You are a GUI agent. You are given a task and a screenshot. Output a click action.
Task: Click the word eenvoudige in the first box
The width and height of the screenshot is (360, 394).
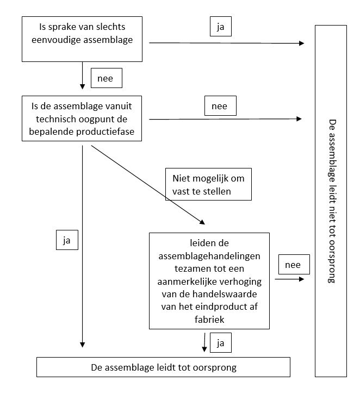pyautogui.click(x=55, y=40)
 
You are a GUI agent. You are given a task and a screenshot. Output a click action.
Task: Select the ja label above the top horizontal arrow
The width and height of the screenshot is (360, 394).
pyautogui.click(x=220, y=27)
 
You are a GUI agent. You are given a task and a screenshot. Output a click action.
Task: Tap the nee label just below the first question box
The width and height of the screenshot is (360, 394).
pyautogui.click(x=107, y=78)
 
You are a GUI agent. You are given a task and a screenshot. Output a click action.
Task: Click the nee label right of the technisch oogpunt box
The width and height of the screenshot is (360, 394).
pyautogui.click(x=220, y=106)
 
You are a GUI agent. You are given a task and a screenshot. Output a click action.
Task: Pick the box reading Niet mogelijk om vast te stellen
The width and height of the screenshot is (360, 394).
pyautogui.click(x=208, y=184)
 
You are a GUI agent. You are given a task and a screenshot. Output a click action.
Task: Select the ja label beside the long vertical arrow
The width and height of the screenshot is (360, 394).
pyautogui.click(x=67, y=240)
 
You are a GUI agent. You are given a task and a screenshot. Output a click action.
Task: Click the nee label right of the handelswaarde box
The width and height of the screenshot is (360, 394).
pyautogui.click(x=294, y=264)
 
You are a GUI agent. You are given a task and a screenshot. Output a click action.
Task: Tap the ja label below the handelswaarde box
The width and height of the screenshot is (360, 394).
pyautogui.click(x=220, y=343)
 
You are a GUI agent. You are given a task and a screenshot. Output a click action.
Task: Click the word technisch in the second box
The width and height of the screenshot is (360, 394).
pyautogui.click(x=56, y=119)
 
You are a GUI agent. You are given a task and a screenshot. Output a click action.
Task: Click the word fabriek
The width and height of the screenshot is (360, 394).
pyautogui.click(x=209, y=320)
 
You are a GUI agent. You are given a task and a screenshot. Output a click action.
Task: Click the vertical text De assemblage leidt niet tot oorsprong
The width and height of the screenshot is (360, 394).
pyautogui.click(x=332, y=201)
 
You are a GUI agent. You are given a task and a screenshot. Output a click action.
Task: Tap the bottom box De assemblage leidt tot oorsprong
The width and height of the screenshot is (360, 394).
pyautogui.click(x=163, y=367)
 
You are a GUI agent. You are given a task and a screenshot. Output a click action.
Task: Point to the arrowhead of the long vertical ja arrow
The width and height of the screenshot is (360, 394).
pyautogui.click(x=83, y=345)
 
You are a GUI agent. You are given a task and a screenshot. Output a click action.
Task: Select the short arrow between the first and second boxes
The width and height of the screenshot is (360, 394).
pyautogui.click(x=82, y=76)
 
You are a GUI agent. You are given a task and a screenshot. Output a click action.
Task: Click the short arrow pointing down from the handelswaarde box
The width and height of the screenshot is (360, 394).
pyautogui.click(x=204, y=342)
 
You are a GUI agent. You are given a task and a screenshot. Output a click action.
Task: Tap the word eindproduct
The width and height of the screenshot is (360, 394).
pyautogui.click(x=220, y=307)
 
